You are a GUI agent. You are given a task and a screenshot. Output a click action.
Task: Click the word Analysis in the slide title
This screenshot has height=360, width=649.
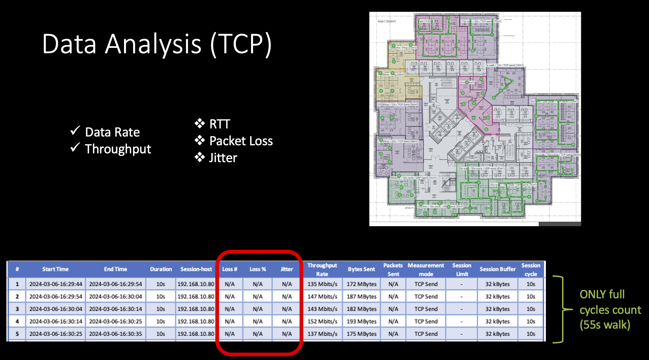pyautogui.click(x=153, y=44)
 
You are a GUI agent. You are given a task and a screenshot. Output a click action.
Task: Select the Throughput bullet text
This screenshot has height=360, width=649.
pyautogui.click(x=118, y=149)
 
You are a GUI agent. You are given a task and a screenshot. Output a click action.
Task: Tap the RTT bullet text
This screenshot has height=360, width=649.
pyautogui.click(x=220, y=124)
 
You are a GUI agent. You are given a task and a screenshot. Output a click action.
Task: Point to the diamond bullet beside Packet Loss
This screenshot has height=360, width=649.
pyautogui.click(x=200, y=141)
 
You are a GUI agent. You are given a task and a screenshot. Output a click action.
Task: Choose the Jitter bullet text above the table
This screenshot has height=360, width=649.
pyautogui.click(x=223, y=158)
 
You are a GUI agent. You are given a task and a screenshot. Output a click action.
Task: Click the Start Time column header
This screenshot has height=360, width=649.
pyautogui.click(x=55, y=269)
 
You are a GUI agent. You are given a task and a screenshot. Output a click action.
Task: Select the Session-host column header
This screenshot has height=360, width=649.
pyautogui.click(x=196, y=269)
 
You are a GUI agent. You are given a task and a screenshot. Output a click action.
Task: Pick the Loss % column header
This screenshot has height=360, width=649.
pyautogui.click(x=258, y=269)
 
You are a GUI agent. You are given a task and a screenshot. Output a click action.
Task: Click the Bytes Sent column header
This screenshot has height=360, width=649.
pyautogui.click(x=361, y=269)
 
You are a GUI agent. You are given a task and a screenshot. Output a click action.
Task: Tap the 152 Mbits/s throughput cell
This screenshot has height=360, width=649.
pyautogui.click(x=322, y=322)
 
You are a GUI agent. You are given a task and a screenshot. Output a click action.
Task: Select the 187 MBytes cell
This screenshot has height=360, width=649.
pyautogui.click(x=362, y=297)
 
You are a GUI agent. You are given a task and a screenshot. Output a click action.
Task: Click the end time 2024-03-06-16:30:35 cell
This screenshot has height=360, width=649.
pyautogui.click(x=116, y=334)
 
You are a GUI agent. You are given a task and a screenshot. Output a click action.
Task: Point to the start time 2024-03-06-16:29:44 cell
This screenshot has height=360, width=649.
pyautogui.click(x=56, y=284)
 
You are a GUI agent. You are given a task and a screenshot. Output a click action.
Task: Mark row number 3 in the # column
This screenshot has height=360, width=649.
pyautogui.click(x=17, y=309)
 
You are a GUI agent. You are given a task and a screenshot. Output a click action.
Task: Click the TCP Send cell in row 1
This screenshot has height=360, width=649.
pyautogui.click(x=426, y=284)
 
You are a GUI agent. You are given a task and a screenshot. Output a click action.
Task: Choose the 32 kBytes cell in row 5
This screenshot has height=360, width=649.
pyautogui.click(x=497, y=334)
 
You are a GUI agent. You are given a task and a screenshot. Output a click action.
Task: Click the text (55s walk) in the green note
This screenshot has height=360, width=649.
pyautogui.click(x=605, y=325)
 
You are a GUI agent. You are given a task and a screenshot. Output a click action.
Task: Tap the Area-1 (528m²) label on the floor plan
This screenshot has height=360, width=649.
pyautogui.click(x=387, y=21)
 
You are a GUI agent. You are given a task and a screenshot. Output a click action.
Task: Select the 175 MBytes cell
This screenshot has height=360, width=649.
pyautogui.click(x=362, y=334)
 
